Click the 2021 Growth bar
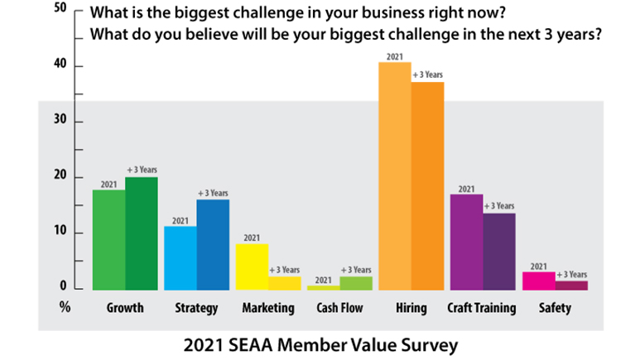click(x=108, y=239)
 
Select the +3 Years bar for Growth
click(x=142, y=233)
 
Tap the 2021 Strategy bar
click(x=180, y=257)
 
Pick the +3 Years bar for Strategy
click(x=213, y=244)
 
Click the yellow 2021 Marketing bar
click(x=252, y=266)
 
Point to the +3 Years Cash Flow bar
click(x=356, y=282)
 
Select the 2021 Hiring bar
click(x=394, y=175)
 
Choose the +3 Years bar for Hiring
click(x=427, y=185)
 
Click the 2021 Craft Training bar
click(x=466, y=241)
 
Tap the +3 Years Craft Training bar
click(x=498, y=251)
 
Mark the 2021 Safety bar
click(x=538, y=280)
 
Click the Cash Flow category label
click(x=339, y=308)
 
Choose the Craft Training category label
click(x=481, y=308)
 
